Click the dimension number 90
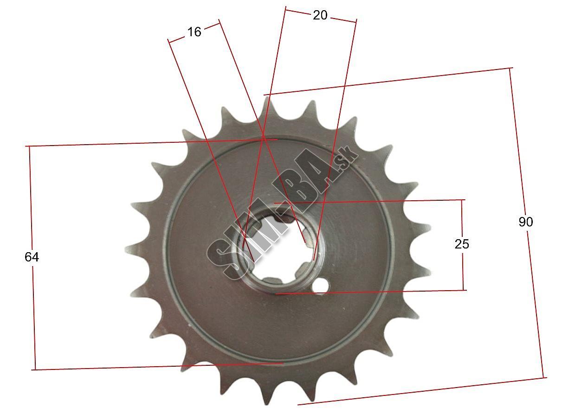click(526, 222)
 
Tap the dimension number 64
click(32, 257)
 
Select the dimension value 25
click(462, 244)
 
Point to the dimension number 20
click(320, 15)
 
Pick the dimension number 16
click(194, 32)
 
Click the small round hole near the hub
click(321, 285)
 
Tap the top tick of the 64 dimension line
click(29, 146)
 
